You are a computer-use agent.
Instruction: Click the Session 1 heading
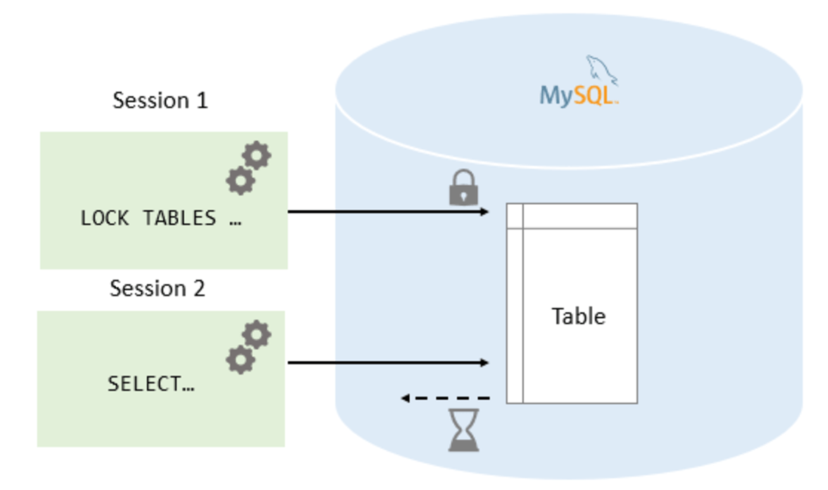coord(160,100)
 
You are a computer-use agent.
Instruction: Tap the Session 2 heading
coord(158,289)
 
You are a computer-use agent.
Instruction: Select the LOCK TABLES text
coord(161,218)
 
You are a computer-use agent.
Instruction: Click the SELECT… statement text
coord(151,384)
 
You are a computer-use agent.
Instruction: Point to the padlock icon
coord(463,187)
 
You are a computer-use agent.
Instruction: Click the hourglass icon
coord(463,429)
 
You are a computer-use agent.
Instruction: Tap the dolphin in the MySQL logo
coord(602,70)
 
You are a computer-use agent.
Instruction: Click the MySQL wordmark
coord(578,96)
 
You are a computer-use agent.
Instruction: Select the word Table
coord(579,316)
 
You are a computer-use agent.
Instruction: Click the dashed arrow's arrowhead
coord(405,398)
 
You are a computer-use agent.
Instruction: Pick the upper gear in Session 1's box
coord(256,155)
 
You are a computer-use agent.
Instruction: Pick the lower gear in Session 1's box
coord(241,180)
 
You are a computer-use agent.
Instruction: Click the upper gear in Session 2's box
coord(256,334)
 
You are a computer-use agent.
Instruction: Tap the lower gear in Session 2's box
coord(241,360)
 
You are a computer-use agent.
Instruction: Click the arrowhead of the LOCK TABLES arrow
coord(484,212)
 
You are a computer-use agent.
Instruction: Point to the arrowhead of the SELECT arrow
coord(484,363)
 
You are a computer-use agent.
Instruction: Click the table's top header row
coord(572,216)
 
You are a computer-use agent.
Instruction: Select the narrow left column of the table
coord(515,303)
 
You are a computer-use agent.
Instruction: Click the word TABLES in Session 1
coord(180,218)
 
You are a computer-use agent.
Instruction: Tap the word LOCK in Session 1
coord(104,218)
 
